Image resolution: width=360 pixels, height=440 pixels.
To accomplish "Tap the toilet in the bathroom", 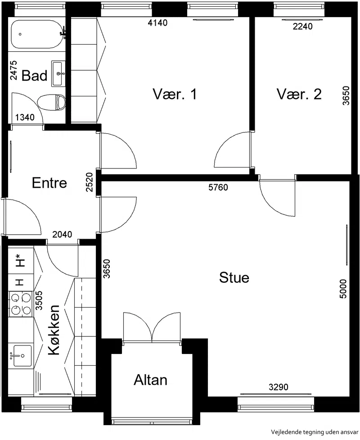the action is [51, 102].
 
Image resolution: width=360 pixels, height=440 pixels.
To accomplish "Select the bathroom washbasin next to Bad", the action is [58, 73].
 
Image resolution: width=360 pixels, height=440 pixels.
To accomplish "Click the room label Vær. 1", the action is [175, 94].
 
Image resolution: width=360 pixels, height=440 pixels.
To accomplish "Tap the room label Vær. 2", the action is [299, 94].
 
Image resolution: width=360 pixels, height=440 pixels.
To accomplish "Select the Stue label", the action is [234, 277].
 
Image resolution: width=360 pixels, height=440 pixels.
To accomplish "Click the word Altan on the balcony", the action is [151, 380].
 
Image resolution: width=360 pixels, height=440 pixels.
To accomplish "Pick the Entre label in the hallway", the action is [49, 183].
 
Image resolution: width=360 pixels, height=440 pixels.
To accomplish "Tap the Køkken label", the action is [54, 330].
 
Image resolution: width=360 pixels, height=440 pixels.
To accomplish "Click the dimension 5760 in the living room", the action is [218, 187].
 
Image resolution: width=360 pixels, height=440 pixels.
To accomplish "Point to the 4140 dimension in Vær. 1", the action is [157, 23].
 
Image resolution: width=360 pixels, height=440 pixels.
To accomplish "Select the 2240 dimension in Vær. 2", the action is [302, 27].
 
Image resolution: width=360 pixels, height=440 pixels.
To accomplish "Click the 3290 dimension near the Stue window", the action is [279, 387].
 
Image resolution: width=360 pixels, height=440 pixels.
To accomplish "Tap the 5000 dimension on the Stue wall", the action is [343, 289].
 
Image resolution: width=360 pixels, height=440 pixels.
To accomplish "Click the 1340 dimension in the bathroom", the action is [25, 117].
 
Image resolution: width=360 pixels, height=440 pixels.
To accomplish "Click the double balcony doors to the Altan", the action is [152, 327].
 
